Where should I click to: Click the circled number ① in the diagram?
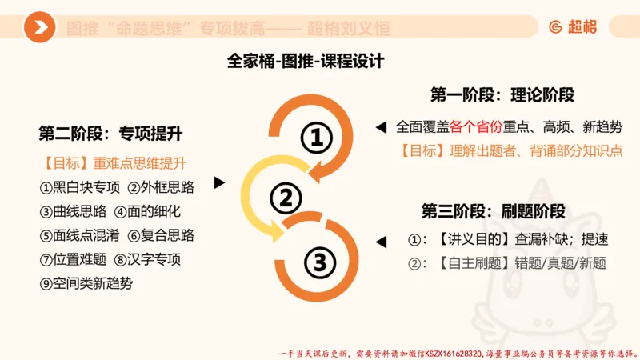tap(316, 139)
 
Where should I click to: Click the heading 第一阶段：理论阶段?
tap(502, 94)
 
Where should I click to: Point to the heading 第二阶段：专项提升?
tap(110, 132)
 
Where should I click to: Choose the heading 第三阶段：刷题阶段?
tap(494, 211)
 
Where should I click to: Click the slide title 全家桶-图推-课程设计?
tap(306, 61)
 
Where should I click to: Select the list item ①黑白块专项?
tap(79, 188)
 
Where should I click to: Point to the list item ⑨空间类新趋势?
tap(88, 282)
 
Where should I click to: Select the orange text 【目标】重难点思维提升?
tap(112, 164)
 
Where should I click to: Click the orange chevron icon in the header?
tap(39, 28)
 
